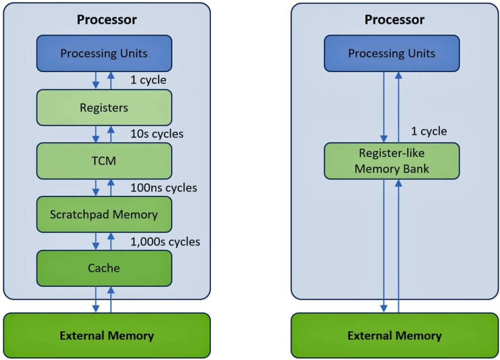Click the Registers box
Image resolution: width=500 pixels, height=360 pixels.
[x=104, y=107]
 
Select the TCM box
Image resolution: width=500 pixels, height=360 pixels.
[x=104, y=160]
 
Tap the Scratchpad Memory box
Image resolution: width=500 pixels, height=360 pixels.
[x=104, y=214]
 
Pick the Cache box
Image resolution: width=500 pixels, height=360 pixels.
[x=104, y=268]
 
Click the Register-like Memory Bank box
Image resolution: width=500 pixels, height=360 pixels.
[x=392, y=160]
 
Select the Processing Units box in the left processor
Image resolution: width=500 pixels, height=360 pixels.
[x=104, y=53]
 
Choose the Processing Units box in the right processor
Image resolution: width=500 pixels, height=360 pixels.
[x=392, y=53]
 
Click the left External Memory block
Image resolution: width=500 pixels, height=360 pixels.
[x=107, y=336]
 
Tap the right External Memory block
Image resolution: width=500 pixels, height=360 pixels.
[x=395, y=336]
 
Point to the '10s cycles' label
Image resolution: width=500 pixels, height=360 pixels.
[x=157, y=134]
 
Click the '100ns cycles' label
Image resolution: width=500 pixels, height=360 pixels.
[x=164, y=187]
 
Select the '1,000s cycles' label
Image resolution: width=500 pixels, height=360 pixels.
[x=165, y=241]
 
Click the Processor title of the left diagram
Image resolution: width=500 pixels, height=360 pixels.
[x=107, y=20]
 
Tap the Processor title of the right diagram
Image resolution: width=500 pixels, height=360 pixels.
[x=395, y=20]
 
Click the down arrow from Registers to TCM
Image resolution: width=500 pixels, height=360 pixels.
[x=96, y=134]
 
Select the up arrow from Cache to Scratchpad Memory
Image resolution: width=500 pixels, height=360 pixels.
[x=111, y=241]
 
